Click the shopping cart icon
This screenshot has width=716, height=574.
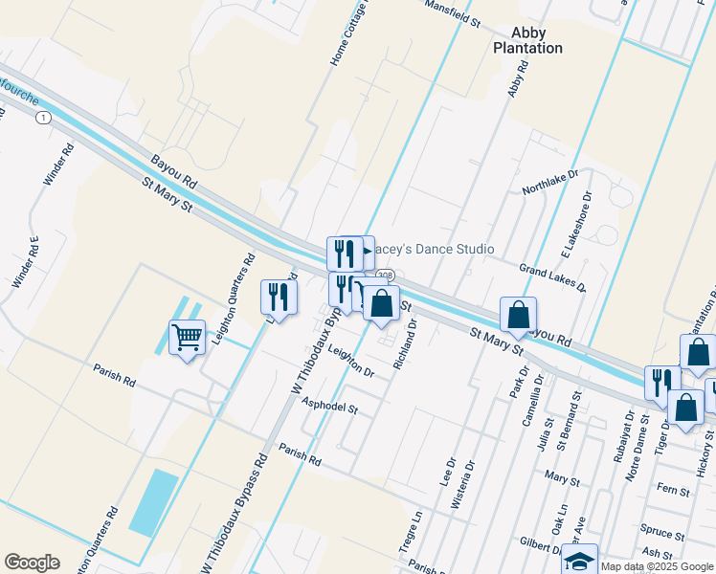[x=187, y=337]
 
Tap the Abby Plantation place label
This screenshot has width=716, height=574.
[x=527, y=40]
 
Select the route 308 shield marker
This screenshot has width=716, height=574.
[x=385, y=276]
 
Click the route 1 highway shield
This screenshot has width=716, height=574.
[x=43, y=117]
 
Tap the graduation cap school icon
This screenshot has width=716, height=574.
[x=579, y=561]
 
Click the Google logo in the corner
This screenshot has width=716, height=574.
[x=32, y=563]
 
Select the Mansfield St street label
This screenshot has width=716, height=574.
[x=452, y=13]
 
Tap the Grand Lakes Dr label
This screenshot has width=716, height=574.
[x=552, y=278]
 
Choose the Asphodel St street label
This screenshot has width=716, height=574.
[x=329, y=407]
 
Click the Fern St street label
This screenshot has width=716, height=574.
[x=673, y=491]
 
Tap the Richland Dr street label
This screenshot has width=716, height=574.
[x=405, y=345]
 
